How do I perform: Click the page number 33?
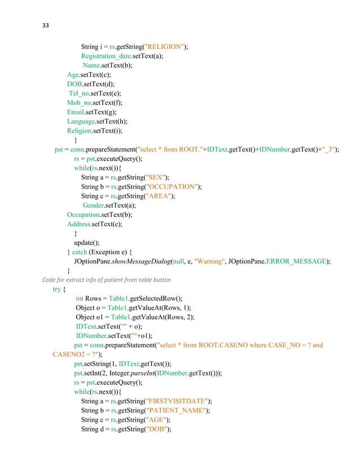(47, 25)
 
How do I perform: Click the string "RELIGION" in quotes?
(166, 47)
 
